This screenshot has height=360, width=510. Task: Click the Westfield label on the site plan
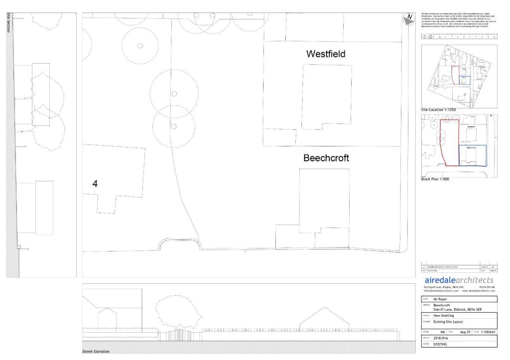click(x=326, y=54)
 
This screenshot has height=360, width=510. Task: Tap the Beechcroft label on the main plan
click(x=326, y=158)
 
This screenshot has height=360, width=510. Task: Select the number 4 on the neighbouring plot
click(x=95, y=184)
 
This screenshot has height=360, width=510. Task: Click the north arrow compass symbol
click(x=409, y=19)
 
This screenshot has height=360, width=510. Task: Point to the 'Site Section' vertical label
click(x=9, y=23)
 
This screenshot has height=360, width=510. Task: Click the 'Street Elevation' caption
click(x=96, y=352)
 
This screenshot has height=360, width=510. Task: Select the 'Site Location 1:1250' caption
click(x=438, y=109)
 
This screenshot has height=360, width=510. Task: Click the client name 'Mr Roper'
click(x=440, y=299)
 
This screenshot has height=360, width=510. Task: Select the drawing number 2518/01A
click(x=442, y=338)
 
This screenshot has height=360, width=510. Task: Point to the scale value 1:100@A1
click(x=489, y=332)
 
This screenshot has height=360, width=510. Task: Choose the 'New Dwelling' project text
click(x=444, y=315)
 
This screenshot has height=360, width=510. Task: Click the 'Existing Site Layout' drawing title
click(x=448, y=322)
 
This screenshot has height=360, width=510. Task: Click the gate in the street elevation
click(x=178, y=335)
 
